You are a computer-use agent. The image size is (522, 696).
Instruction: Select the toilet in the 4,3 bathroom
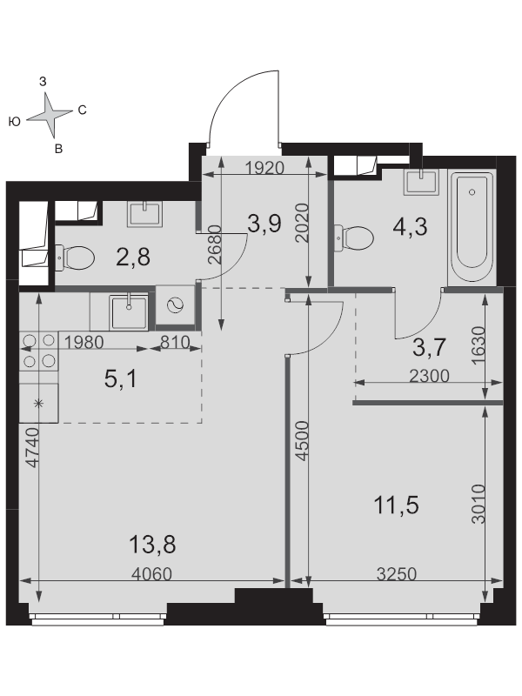coord(354,238)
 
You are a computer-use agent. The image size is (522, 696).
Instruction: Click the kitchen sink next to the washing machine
coord(129,312)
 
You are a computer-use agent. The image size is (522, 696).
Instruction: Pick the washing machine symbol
coord(176,306)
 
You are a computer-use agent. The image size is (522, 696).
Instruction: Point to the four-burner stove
coord(38,351)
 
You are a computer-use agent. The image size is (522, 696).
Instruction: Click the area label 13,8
coord(152,545)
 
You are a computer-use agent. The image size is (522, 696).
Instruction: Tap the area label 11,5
coord(397,505)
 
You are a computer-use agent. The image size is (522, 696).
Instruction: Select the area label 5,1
coord(121,379)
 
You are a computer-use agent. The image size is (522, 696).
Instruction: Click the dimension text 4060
coord(151,574)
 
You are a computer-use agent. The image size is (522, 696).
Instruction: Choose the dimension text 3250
coord(397,574)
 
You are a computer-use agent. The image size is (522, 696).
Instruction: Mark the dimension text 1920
coord(264,168)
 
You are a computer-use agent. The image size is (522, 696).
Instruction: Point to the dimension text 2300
coord(429,376)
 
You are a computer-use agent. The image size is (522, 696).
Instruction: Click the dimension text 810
coord(175,342)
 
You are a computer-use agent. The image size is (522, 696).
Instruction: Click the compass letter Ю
coord(15,122)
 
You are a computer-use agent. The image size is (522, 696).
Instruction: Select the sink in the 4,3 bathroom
coord(421,182)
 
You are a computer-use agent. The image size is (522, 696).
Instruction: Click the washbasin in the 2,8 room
coord(145,214)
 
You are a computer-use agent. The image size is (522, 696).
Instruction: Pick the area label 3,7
coord(429,346)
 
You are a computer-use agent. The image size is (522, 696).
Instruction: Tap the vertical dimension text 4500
coord(302,441)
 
